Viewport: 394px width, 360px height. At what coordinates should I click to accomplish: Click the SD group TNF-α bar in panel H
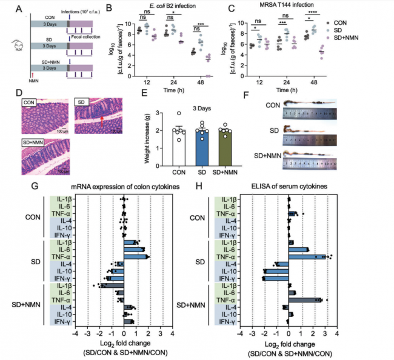pos(307,257)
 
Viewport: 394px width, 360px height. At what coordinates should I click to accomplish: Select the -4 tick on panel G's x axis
pos(75,333)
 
